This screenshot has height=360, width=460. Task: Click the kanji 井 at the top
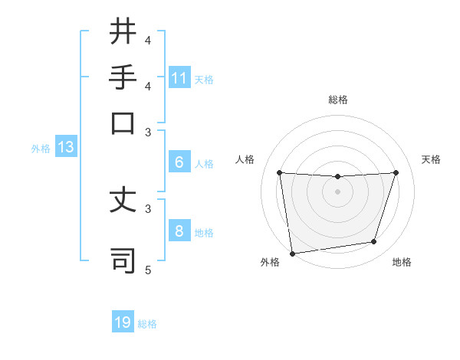[x=123, y=33]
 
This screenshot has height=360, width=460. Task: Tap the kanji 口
[x=123, y=123]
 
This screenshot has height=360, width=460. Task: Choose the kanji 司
[x=123, y=260]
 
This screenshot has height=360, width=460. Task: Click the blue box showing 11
[x=179, y=78]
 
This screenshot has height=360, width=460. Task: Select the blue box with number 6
[x=179, y=162]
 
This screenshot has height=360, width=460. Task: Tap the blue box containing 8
[x=179, y=231]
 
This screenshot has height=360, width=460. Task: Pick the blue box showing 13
[x=65, y=148]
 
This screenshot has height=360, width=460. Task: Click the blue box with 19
[x=123, y=322]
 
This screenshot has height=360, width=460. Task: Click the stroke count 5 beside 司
[x=148, y=270]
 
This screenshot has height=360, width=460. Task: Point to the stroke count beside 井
[x=148, y=40]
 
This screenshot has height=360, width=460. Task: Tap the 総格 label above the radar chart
[x=337, y=100]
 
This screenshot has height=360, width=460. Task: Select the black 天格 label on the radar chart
[x=431, y=159]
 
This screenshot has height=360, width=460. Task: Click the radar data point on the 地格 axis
[x=374, y=242]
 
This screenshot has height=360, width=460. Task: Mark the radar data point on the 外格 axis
[x=292, y=253]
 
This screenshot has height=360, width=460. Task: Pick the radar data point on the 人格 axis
[x=279, y=172]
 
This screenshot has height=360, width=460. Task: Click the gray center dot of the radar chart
[x=337, y=191]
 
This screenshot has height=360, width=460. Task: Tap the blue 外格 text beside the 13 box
[x=40, y=149]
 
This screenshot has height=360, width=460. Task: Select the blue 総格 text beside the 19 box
[x=147, y=324]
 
